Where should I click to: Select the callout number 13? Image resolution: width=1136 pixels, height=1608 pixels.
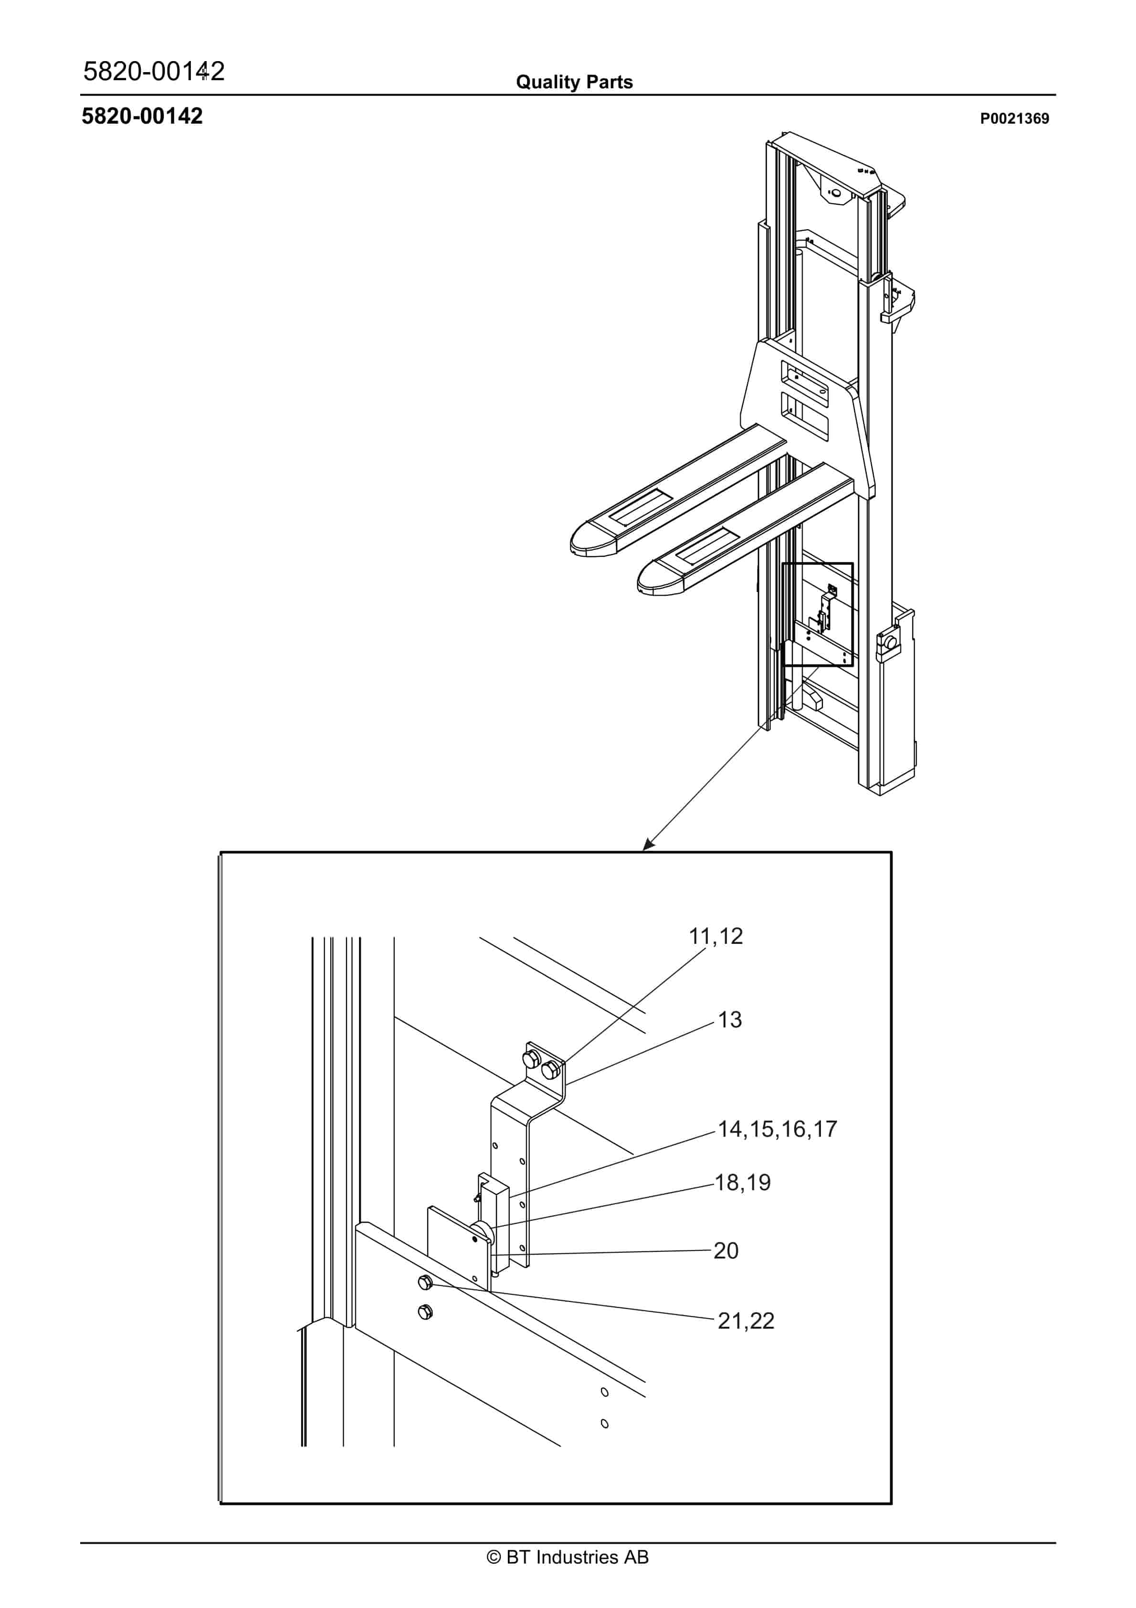730,1020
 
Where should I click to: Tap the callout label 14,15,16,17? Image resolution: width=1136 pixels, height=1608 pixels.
778,1129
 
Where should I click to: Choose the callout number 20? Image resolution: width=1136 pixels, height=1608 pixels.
726,1251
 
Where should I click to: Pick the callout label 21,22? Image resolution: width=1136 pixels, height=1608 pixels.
746,1321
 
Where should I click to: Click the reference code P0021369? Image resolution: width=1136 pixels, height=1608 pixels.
1014,119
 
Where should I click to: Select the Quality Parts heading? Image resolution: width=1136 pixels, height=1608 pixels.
574,82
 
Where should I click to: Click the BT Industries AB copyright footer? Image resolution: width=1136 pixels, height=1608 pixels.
568,1557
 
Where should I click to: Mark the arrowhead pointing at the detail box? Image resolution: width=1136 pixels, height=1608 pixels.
648,846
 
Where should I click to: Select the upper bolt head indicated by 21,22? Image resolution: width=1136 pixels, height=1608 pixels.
424,1282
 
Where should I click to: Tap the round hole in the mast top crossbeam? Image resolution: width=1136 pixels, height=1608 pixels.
835,192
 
